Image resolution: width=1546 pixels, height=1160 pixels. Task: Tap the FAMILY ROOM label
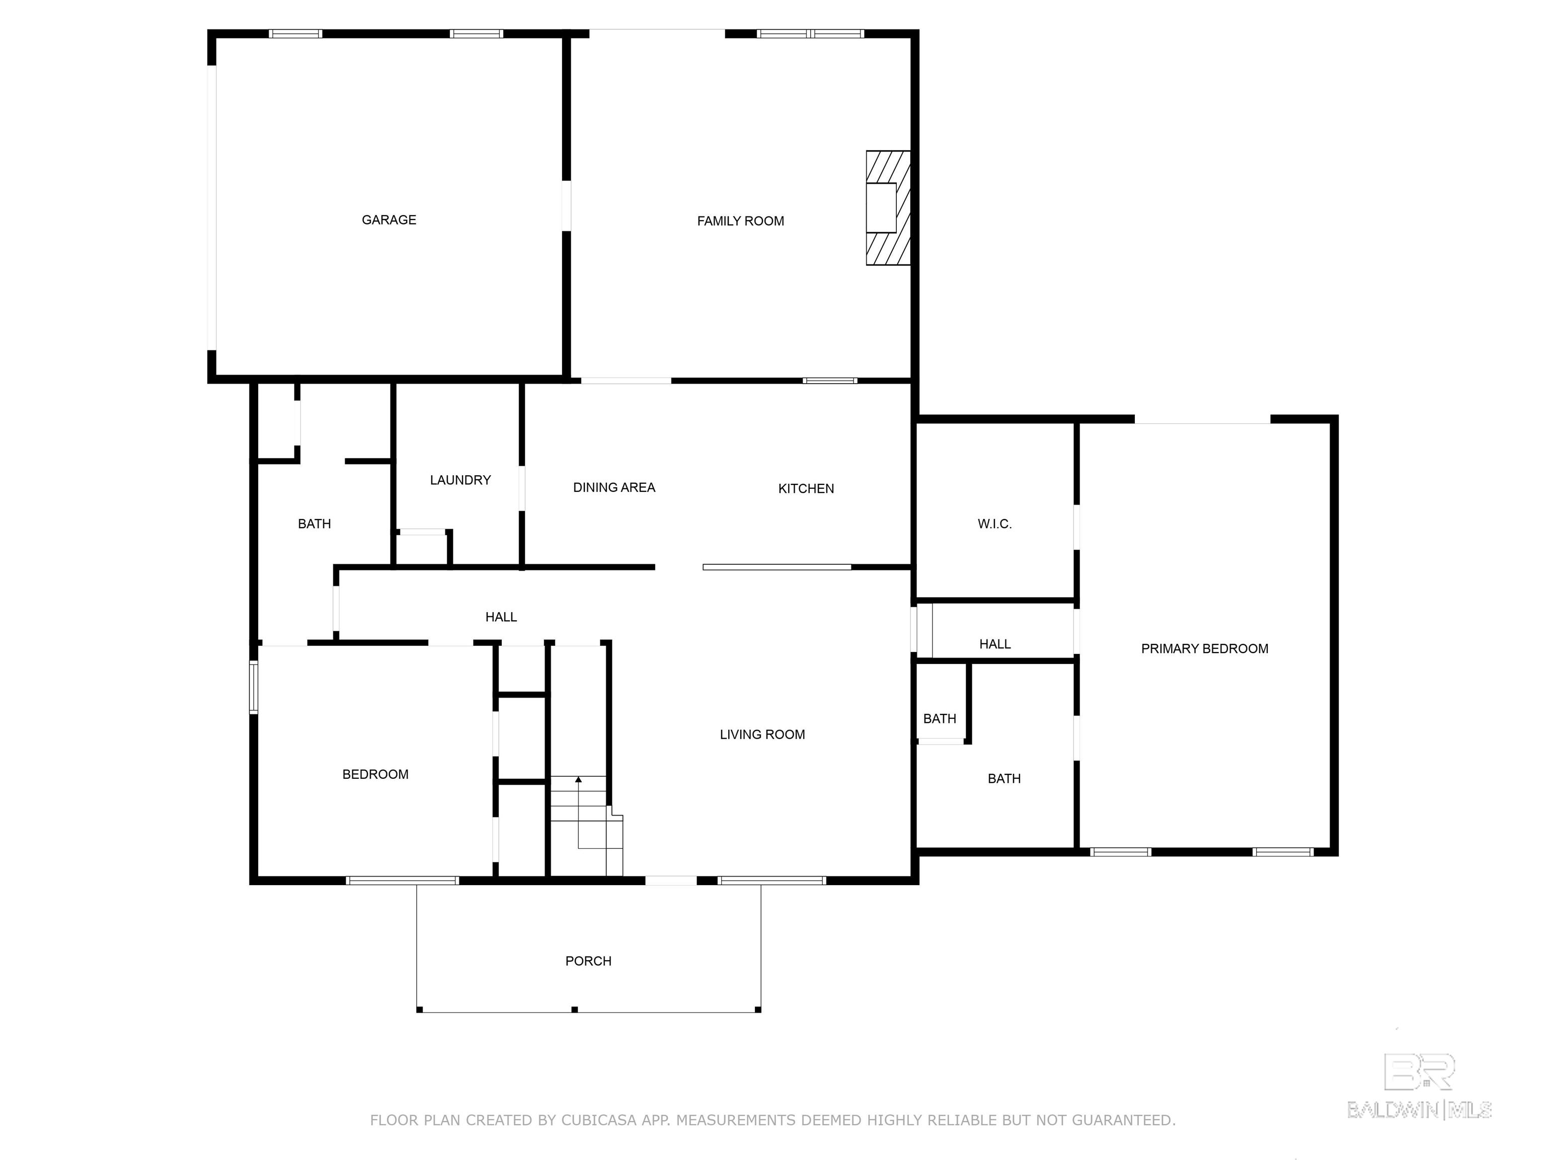click(740, 221)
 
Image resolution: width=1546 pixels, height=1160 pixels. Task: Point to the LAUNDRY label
click(460, 480)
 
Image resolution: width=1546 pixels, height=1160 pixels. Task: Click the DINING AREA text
click(613, 487)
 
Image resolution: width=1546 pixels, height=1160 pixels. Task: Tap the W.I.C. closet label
click(994, 524)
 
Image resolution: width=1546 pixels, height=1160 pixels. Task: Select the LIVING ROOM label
click(762, 734)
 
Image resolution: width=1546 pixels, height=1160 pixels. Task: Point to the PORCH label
click(588, 961)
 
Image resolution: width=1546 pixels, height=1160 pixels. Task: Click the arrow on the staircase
click(578, 779)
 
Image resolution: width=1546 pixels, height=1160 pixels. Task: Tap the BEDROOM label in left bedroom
click(375, 774)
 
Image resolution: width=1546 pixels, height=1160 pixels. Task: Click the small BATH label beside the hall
click(940, 719)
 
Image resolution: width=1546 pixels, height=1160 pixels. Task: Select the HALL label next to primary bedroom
click(994, 644)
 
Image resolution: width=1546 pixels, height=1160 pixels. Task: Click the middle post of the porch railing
click(575, 1009)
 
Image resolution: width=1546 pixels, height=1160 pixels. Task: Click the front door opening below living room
click(670, 880)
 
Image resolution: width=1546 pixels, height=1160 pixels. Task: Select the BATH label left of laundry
click(314, 524)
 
